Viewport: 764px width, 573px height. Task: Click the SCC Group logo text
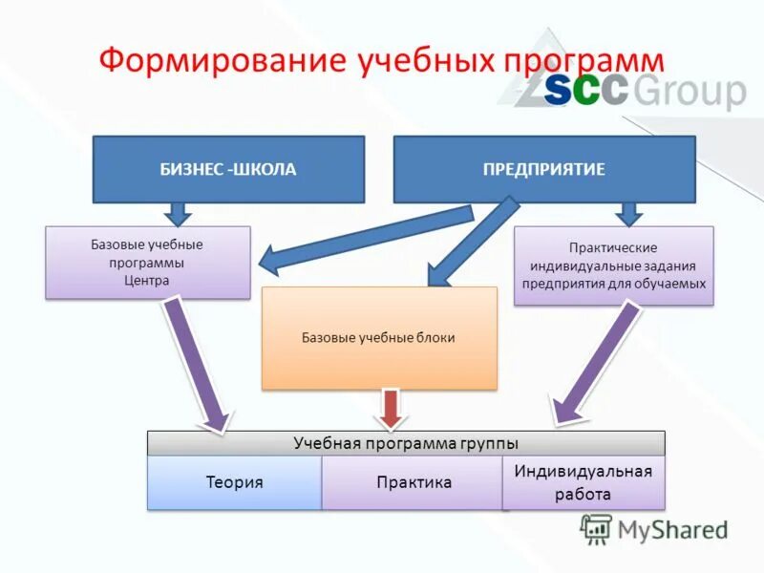(644, 93)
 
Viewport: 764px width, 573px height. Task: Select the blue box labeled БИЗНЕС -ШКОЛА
(228, 169)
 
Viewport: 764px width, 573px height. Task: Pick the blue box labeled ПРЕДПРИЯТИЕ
(544, 169)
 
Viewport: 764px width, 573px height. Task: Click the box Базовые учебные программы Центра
(147, 263)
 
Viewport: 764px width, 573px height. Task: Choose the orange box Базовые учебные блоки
(379, 338)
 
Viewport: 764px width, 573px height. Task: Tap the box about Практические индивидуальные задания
(613, 265)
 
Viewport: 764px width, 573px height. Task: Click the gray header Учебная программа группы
(405, 443)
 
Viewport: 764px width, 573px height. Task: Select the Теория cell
(234, 482)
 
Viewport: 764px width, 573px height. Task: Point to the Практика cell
(413, 482)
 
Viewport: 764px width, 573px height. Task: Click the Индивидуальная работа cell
(583, 482)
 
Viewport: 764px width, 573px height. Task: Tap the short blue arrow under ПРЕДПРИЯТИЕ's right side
(627, 214)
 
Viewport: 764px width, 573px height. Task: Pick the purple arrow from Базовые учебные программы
(198, 363)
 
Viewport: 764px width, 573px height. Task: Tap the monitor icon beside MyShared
(597, 529)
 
